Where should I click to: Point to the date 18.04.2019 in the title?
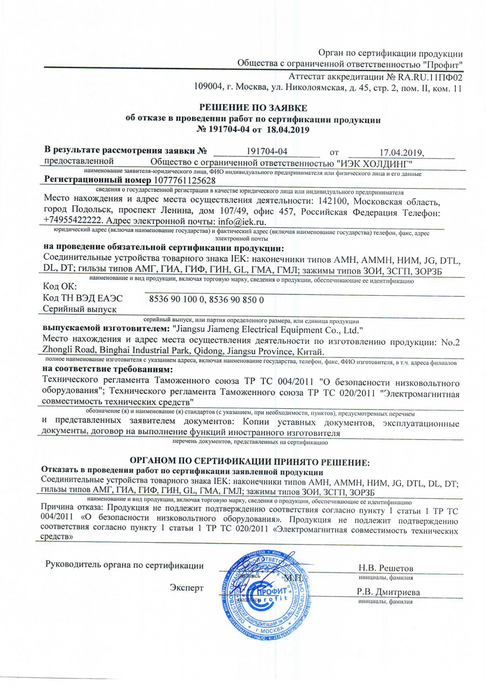click(288, 130)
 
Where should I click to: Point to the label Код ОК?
click(60, 287)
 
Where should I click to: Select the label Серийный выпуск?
click(80, 309)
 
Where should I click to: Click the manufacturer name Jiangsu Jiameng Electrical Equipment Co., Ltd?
click(268, 330)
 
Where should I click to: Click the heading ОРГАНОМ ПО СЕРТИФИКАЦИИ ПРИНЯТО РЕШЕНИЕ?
click(250, 462)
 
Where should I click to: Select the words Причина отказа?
click(72, 508)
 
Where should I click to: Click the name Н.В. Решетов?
click(386, 568)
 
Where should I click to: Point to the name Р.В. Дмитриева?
click(388, 592)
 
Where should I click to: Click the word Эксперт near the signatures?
click(187, 588)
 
